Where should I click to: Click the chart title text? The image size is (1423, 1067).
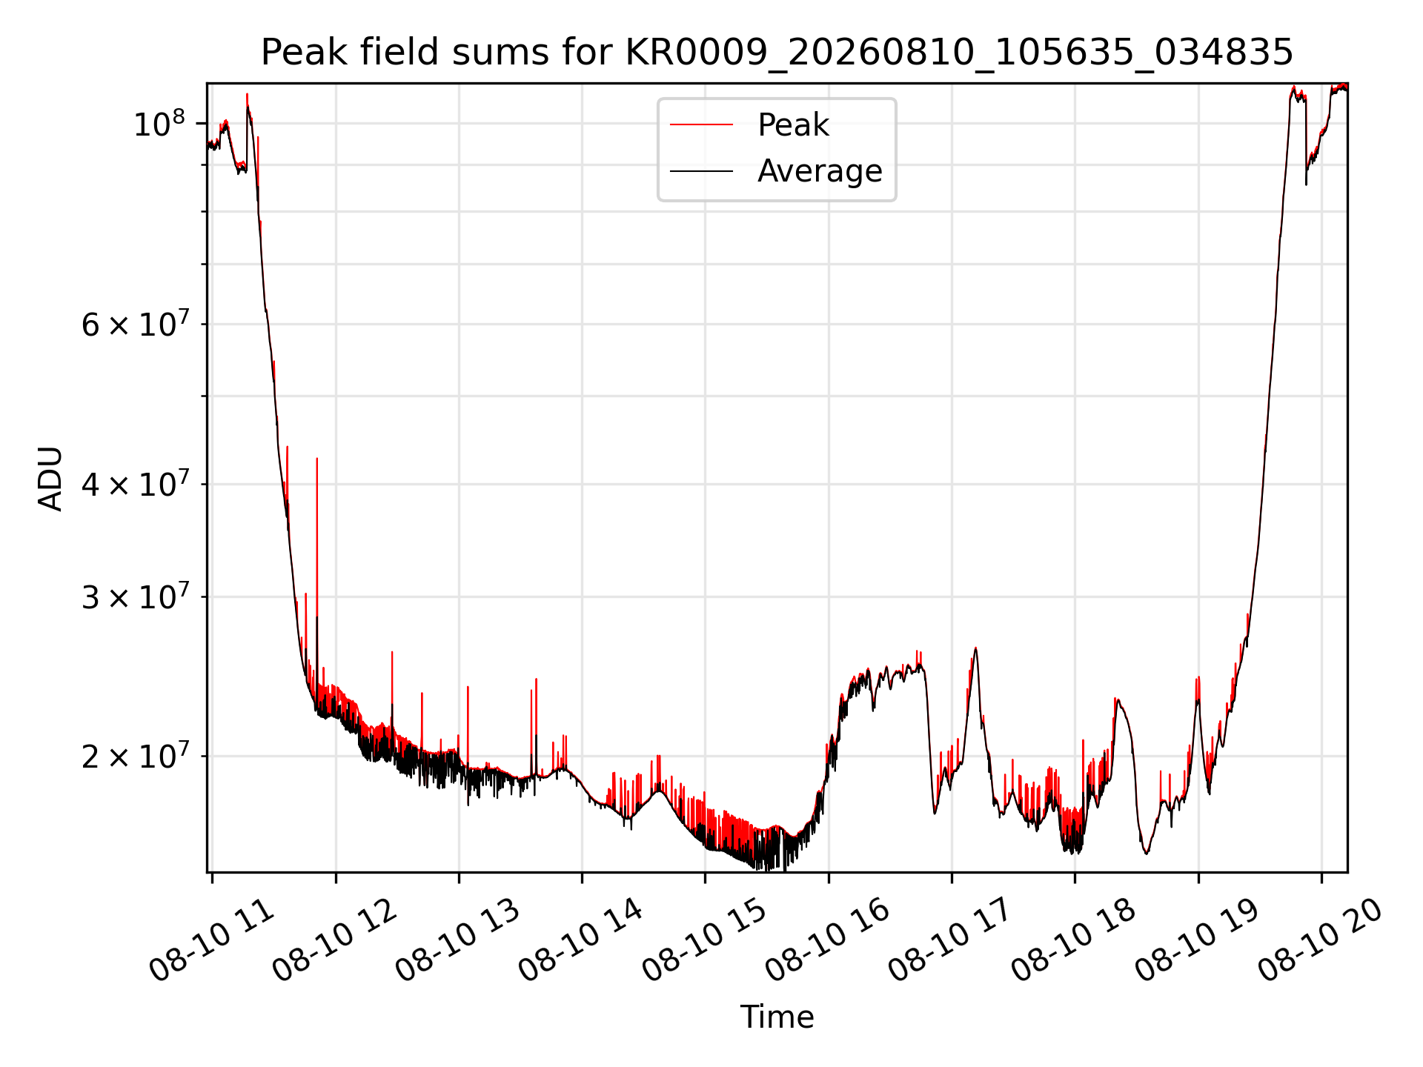click(x=777, y=53)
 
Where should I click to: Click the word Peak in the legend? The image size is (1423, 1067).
click(x=793, y=124)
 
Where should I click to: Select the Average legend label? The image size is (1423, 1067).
click(x=820, y=171)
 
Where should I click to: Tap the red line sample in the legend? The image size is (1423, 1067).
click(x=701, y=124)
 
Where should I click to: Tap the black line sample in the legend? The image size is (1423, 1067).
click(x=701, y=171)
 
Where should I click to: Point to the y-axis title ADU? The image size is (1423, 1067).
click(x=50, y=478)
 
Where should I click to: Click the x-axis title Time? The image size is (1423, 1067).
click(x=777, y=1017)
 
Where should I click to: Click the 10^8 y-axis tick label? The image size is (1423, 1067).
click(x=159, y=123)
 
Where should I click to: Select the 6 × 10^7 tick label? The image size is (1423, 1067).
click(x=134, y=324)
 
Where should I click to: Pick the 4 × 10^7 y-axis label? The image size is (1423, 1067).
click(x=134, y=484)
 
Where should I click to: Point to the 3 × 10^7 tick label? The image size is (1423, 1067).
click(x=134, y=596)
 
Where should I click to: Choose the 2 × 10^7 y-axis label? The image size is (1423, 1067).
click(x=134, y=756)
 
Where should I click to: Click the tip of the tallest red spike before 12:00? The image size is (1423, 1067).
click(x=317, y=459)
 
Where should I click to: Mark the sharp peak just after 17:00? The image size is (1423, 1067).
click(x=975, y=648)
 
